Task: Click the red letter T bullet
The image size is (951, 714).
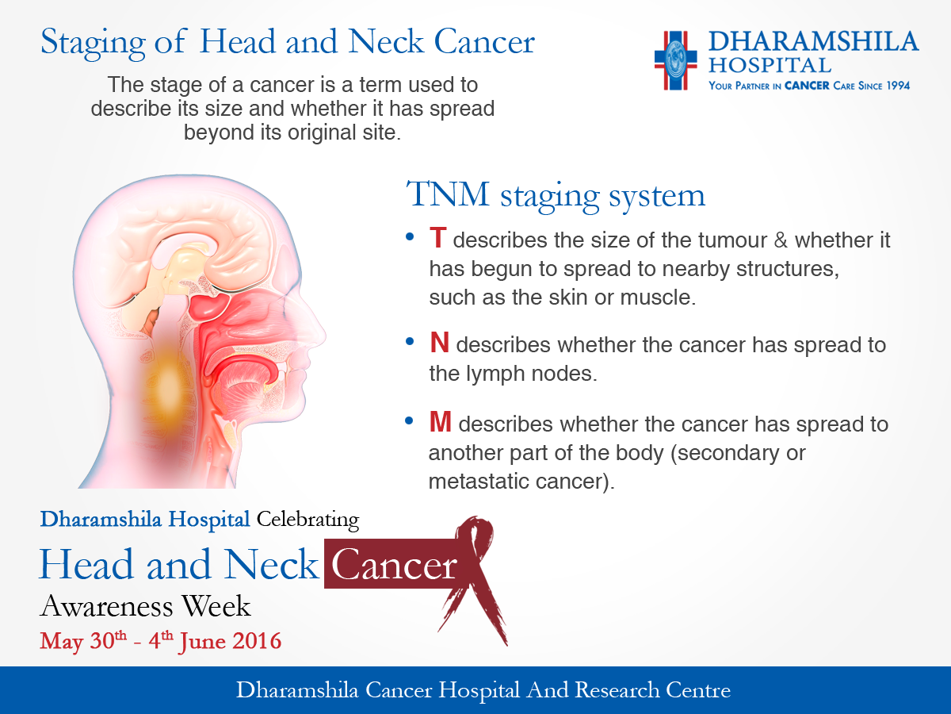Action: (437, 238)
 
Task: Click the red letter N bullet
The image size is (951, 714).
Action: (439, 343)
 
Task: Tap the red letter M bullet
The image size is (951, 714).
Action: (440, 422)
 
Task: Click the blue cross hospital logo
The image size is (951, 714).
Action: (675, 60)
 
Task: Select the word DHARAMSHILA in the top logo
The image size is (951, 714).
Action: (813, 42)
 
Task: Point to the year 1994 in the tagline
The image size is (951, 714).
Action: (898, 86)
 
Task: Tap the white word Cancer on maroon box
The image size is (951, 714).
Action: (393, 564)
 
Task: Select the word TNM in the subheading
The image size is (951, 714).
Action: (448, 194)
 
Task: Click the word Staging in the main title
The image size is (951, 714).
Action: (92, 44)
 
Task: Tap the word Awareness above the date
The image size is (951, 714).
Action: (106, 606)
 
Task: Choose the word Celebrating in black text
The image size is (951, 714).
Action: (307, 520)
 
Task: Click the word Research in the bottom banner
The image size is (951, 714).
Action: (617, 690)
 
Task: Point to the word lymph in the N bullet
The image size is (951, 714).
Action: (495, 374)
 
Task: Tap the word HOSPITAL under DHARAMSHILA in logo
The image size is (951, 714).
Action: (770, 66)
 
